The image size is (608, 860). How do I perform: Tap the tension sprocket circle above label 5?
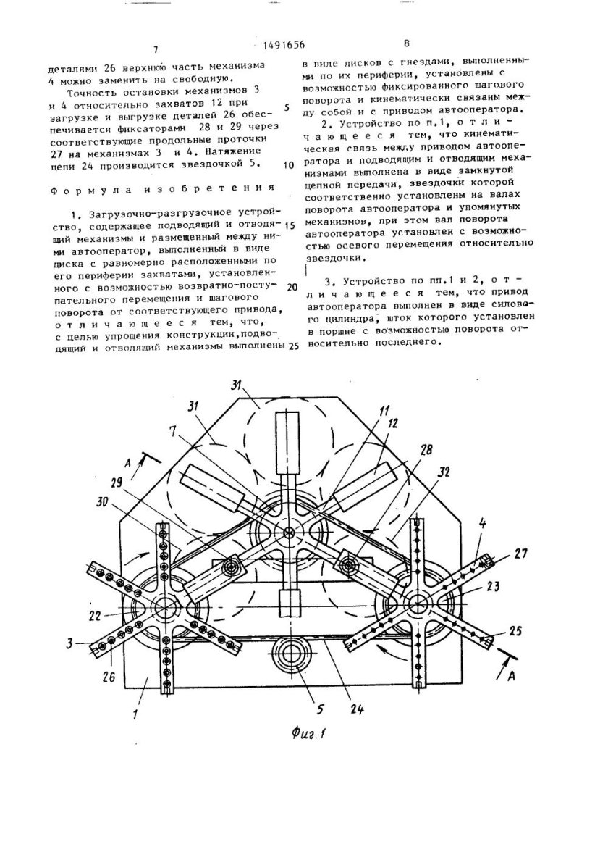pyautogui.click(x=293, y=651)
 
